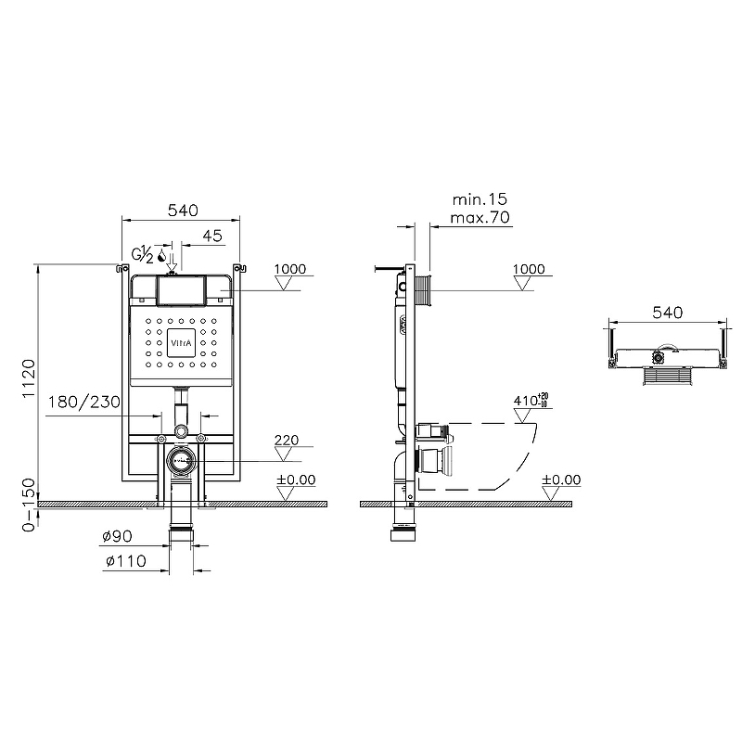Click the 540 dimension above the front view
(182, 211)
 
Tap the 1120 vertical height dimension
(29, 380)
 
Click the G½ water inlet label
(143, 254)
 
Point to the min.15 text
(480, 199)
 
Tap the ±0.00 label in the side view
(560, 480)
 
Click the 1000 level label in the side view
(529, 269)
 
